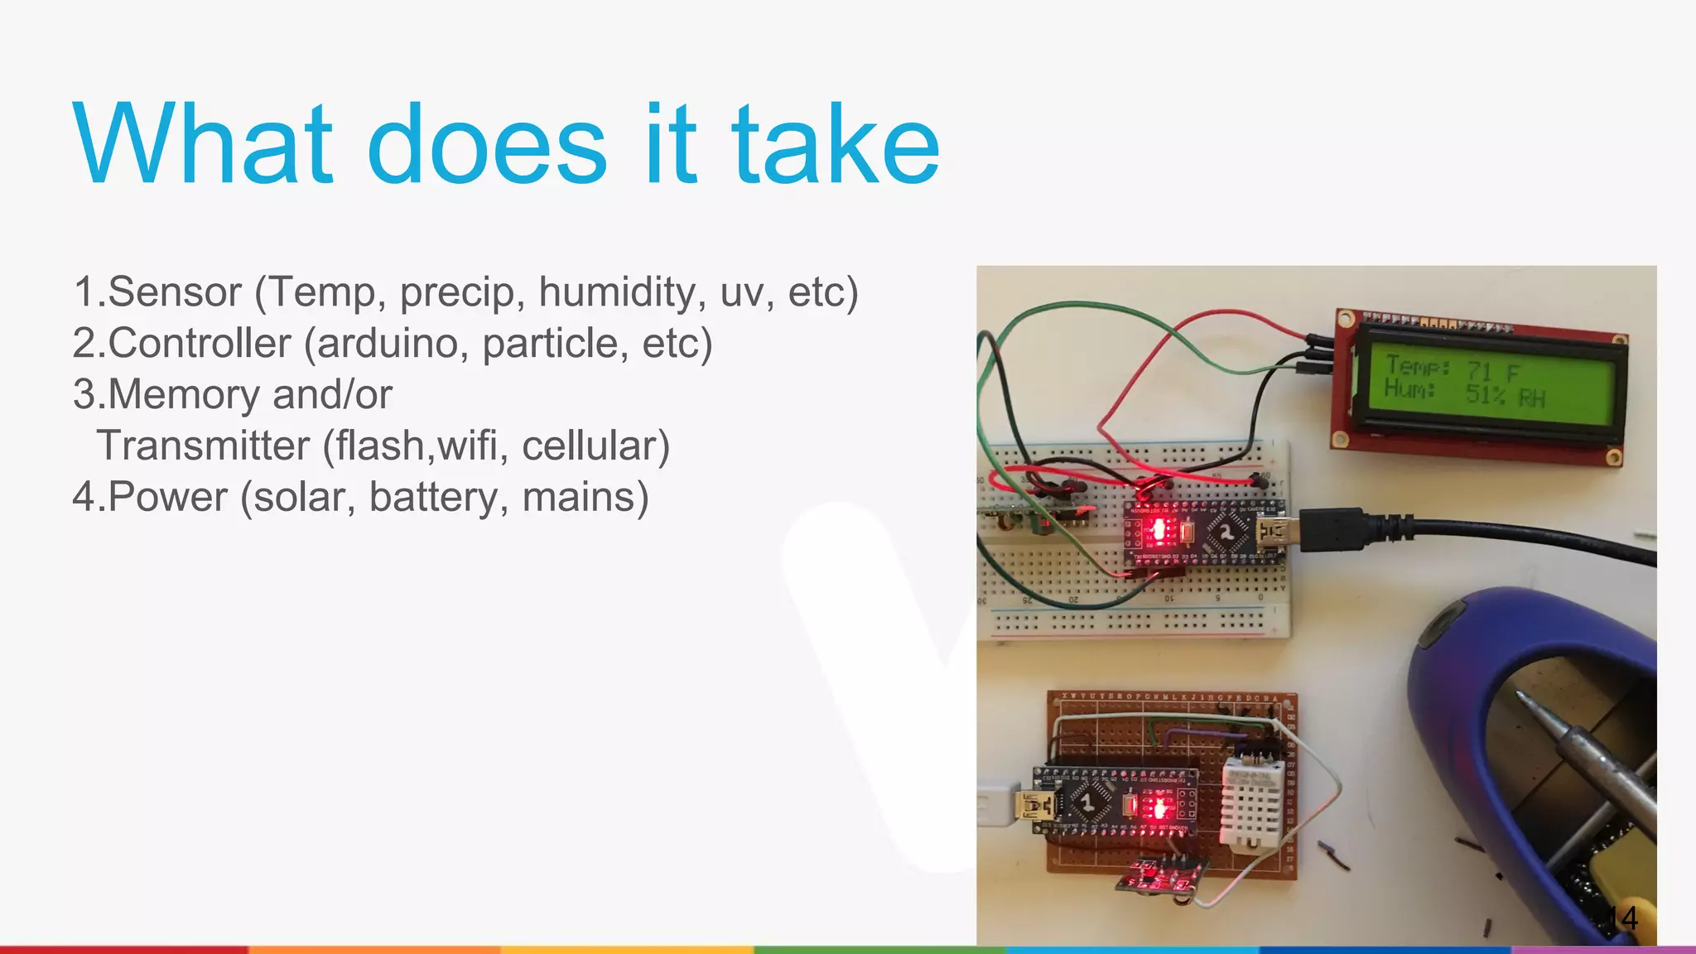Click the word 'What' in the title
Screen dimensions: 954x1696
pyautogui.click(x=203, y=144)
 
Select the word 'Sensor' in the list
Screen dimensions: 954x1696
pyautogui.click(x=175, y=292)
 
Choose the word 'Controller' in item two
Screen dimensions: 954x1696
pyautogui.click(x=200, y=344)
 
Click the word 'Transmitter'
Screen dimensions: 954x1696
pyautogui.click(x=203, y=446)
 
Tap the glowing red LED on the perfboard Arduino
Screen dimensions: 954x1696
pyautogui.click(x=1159, y=807)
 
